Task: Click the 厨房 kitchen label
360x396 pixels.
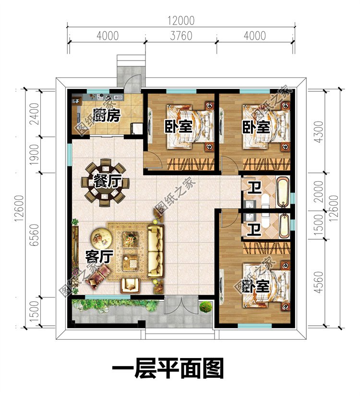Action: pyautogui.click(x=107, y=116)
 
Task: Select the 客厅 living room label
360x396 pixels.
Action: pyautogui.click(x=99, y=257)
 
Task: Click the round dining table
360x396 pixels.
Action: pyautogui.click(x=105, y=183)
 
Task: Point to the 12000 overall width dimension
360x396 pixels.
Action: pyautogui.click(x=181, y=21)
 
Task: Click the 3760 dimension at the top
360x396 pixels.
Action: pyautogui.click(x=181, y=36)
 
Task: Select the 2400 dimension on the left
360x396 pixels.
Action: pyautogui.click(x=35, y=113)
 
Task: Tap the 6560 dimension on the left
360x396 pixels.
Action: pyautogui.click(x=34, y=235)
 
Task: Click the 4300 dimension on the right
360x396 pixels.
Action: pyautogui.click(x=319, y=132)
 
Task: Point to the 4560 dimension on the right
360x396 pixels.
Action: pyautogui.click(x=319, y=282)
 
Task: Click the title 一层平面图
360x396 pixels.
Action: pyautogui.click(x=168, y=369)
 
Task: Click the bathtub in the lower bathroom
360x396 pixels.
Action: pyautogui.click(x=284, y=226)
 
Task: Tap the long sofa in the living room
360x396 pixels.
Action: pyautogui.click(x=156, y=251)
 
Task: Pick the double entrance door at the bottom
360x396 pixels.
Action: pyautogui.click(x=181, y=305)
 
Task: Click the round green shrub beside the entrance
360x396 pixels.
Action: pyautogui.click(x=206, y=307)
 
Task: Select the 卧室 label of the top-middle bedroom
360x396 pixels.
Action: pyautogui.click(x=179, y=126)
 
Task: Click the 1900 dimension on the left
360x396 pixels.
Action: pyautogui.click(x=35, y=155)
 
